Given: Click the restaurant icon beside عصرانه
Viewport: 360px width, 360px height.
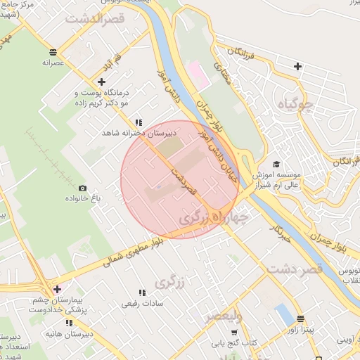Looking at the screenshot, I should pyautogui.click(x=53, y=52).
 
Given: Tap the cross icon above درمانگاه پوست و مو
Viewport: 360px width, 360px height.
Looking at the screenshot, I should pyautogui.click(x=102, y=82).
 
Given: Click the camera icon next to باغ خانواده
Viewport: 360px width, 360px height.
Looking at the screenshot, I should pyautogui.click(x=83, y=188).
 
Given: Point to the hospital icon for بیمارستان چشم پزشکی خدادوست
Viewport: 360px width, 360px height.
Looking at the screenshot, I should pyautogui.click(x=56, y=289).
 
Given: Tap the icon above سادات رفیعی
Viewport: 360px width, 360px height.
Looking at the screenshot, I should pyautogui.click(x=142, y=292).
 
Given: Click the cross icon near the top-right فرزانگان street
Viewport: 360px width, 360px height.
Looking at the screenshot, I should pyautogui.click(x=298, y=67).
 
